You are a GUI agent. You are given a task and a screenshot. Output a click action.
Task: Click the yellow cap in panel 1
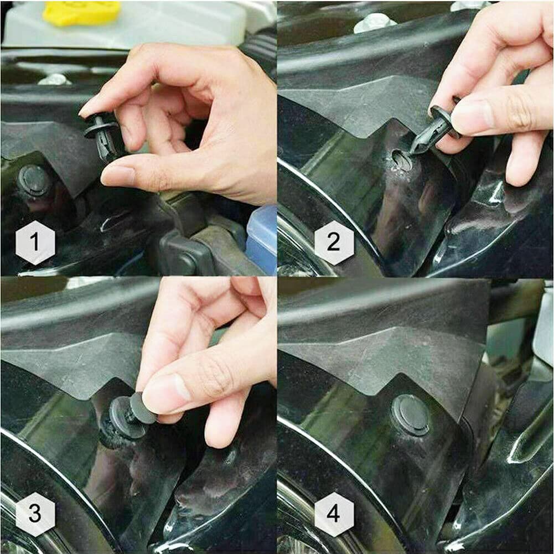pyautogui.click(x=81, y=12)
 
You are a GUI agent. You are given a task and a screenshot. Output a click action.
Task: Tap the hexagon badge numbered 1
pyautogui.click(x=35, y=242)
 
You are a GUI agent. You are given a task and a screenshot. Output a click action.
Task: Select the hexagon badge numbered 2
pyautogui.click(x=334, y=242)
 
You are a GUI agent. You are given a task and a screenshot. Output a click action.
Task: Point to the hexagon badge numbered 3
pyautogui.click(x=35, y=514)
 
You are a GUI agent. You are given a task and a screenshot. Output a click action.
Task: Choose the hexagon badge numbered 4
pyautogui.click(x=334, y=514)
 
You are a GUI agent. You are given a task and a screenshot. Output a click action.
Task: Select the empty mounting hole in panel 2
pyautogui.click(x=402, y=160)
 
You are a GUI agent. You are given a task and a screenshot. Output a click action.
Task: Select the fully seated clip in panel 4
pyautogui.click(x=411, y=415)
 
